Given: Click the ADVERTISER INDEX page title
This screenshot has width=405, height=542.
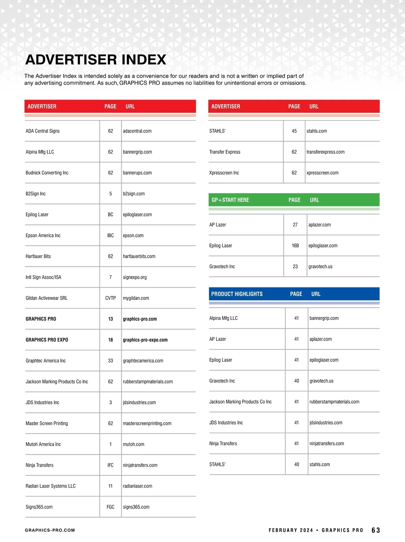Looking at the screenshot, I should pyautogui.click(x=96, y=60).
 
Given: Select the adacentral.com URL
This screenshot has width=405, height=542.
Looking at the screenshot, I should pyautogui.click(x=137, y=131).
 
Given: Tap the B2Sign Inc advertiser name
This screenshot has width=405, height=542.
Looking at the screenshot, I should pyautogui.click(x=35, y=194).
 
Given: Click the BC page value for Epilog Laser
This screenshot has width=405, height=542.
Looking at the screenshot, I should pyautogui.click(x=110, y=215).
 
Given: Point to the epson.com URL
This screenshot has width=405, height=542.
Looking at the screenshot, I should pyautogui.click(x=133, y=236).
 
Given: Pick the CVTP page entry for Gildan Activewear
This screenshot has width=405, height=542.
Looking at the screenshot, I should pyautogui.click(x=110, y=298).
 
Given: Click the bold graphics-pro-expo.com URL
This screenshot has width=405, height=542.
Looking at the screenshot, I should pyautogui.click(x=145, y=340).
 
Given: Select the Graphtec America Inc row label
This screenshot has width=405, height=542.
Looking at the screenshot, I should pyautogui.click(x=46, y=361).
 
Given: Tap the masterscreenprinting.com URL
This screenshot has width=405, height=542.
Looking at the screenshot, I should pyautogui.click(x=147, y=424).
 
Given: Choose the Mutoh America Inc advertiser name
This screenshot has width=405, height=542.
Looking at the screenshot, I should pyautogui.click(x=43, y=444).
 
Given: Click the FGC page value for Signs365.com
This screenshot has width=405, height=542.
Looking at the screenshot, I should pyautogui.click(x=110, y=507).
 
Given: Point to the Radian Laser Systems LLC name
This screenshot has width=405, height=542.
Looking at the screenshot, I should pyautogui.click(x=51, y=486).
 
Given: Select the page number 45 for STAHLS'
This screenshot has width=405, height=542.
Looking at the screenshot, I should pyautogui.click(x=294, y=131).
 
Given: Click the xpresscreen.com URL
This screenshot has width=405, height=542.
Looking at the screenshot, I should pyautogui.click(x=322, y=173).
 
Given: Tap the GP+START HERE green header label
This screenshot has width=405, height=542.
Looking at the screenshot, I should pyautogui.click(x=230, y=200).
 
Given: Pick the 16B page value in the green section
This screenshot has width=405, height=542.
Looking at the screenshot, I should pyautogui.click(x=295, y=246).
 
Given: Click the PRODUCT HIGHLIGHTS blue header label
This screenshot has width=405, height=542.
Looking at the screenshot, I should pyautogui.click(x=237, y=294).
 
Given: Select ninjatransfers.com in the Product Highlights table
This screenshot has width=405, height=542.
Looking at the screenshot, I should pyautogui.click(x=326, y=443).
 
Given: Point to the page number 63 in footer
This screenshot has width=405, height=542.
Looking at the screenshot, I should pyautogui.click(x=376, y=530).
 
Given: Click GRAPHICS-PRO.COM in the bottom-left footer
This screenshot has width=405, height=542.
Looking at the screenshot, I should pyautogui.click(x=50, y=530).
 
